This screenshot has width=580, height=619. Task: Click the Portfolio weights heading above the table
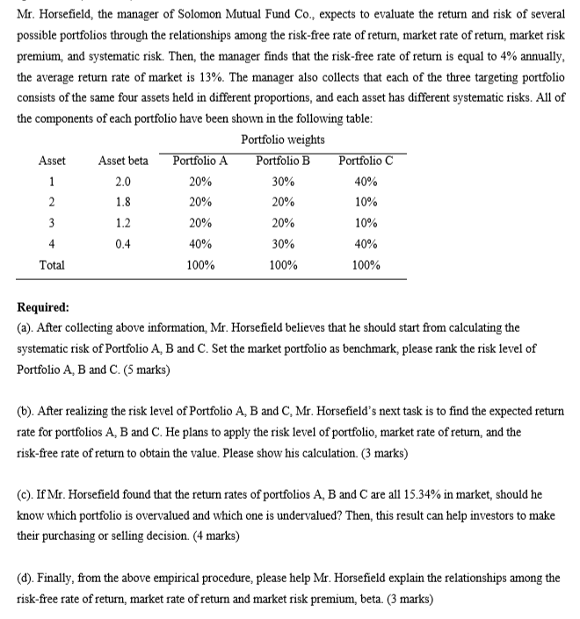pos(282,140)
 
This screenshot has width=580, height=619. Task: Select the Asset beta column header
pos(123,161)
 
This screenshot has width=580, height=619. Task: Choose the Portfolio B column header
pos(282,161)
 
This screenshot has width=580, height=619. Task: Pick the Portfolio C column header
pos(366,161)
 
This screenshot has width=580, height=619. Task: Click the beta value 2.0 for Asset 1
pos(123,182)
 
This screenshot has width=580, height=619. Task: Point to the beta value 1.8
pos(123,202)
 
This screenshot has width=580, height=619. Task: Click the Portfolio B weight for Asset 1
pos(282,182)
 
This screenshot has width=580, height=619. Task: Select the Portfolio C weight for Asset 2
pos(366,202)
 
